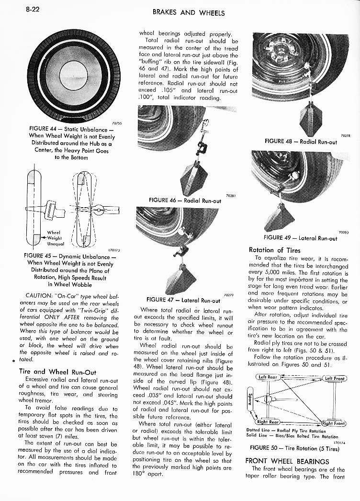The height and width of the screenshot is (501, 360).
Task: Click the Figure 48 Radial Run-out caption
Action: (x=301, y=142)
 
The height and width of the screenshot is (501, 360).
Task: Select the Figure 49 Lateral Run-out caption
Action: (x=300, y=238)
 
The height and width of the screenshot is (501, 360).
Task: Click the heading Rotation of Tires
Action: (x=275, y=250)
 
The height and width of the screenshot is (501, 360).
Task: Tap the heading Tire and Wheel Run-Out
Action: (x=57, y=371)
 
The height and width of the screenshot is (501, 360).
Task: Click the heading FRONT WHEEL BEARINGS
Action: (x=287, y=461)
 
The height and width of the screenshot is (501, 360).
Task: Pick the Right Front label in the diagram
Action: (x=334, y=423)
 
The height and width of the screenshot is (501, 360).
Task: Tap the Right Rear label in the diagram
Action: (x=269, y=422)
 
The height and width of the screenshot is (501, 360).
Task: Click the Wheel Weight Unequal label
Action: (x=54, y=237)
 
